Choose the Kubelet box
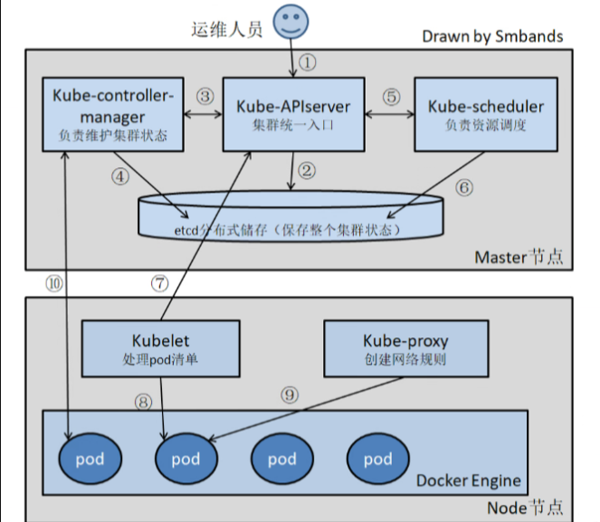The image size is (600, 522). tap(148, 348)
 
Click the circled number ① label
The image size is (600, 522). tap(309, 62)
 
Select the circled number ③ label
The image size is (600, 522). tap(205, 95)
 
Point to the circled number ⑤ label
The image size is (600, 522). tap(390, 95)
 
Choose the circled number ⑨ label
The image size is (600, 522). tap(289, 394)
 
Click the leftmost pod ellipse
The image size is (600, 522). tap(90, 459)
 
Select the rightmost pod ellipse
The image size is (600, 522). tap(378, 459)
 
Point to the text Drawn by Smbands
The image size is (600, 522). tap(492, 36)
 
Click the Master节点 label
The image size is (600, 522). tap(519, 257)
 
